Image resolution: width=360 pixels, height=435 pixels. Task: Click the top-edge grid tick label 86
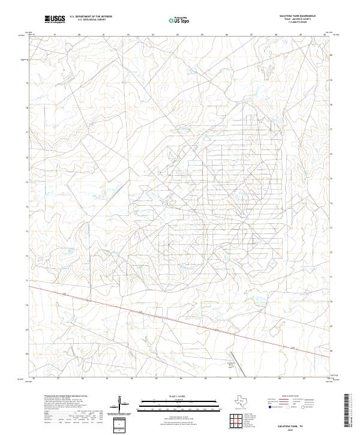[x=227, y=35]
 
